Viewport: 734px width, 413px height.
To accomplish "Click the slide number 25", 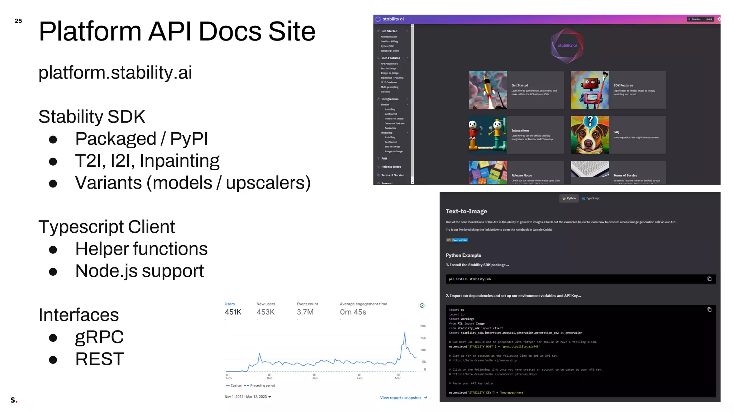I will [18, 21].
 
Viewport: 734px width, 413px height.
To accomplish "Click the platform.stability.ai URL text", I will [115, 73].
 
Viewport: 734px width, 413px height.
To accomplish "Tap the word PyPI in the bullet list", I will [189, 139].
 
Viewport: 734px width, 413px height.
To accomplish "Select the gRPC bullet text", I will [99, 337].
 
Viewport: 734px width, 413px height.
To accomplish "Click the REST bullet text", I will [100, 359].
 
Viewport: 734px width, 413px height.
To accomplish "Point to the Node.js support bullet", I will [139, 271].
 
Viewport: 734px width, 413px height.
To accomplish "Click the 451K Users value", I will [233, 312].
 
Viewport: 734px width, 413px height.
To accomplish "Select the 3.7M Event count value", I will [305, 312].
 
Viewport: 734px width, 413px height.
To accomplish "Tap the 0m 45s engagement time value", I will [353, 312].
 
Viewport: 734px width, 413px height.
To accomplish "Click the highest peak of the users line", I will [405, 333].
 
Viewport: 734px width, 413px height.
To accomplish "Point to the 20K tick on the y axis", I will [423, 326].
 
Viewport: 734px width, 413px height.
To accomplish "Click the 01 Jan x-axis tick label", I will [315, 376].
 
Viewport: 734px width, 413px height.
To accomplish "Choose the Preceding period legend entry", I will [262, 386].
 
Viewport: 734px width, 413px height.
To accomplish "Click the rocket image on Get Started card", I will [487, 90].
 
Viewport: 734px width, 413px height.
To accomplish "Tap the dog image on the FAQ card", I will [590, 135].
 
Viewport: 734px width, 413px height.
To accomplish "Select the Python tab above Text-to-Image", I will [569, 198].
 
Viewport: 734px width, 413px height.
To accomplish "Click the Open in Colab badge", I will [457, 240].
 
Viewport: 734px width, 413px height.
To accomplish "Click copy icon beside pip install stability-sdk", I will [709, 279].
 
